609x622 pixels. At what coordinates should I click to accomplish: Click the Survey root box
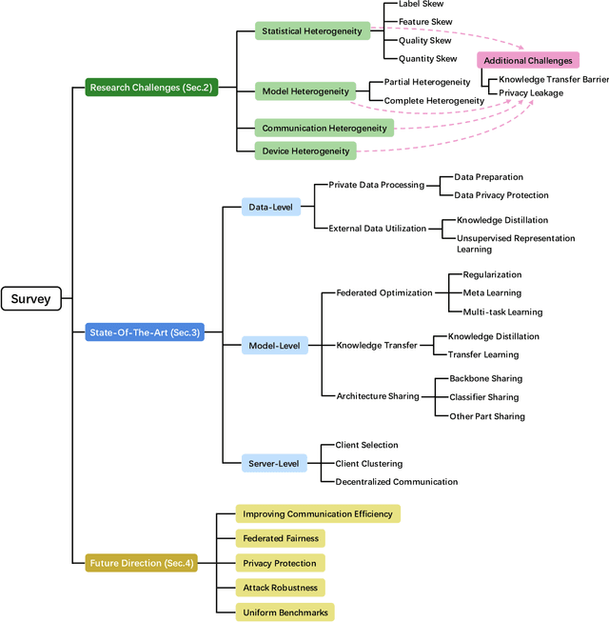[31, 299]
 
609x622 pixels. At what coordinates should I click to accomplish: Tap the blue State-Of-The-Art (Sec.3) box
[145, 332]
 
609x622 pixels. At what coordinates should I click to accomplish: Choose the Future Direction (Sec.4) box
[142, 563]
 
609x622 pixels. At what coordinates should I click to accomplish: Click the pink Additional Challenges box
[528, 61]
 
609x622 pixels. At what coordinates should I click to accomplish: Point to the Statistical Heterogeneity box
[312, 31]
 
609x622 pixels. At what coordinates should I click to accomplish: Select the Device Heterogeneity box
[305, 150]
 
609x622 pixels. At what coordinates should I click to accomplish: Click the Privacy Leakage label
[531, 93]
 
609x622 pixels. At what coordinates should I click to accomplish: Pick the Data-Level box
[271, 206]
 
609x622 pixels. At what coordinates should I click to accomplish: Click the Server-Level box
[274, 463]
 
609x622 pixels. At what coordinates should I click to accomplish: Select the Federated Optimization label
[384, 292]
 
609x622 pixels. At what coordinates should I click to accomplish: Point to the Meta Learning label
[492, 292]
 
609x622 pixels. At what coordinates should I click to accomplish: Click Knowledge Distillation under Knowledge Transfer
[494, 336]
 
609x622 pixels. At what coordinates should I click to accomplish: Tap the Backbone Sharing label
[485, 378]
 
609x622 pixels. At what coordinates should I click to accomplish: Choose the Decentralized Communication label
[396, 482]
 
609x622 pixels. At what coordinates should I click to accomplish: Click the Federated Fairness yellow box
[280, 538]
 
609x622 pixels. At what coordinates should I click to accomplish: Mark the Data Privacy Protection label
[501, 195]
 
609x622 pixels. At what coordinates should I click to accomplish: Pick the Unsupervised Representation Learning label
[515, 243]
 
